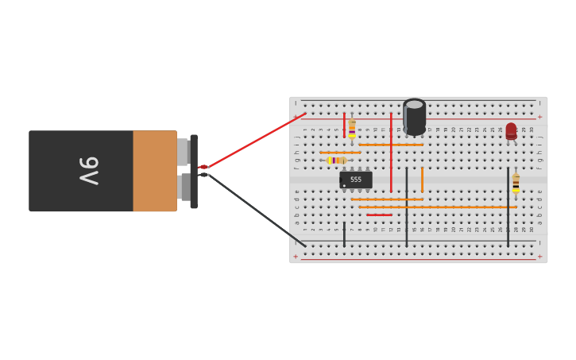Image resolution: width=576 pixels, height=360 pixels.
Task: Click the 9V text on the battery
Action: (x=89, y=171)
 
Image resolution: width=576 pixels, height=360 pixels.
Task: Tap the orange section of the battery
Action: (x=155, y=171)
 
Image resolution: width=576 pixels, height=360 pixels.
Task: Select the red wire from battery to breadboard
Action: (x=254, y=141)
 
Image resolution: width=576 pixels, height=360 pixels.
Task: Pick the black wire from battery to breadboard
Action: (x=254, y=209)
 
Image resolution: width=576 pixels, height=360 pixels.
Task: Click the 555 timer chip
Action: (x=356, y=180)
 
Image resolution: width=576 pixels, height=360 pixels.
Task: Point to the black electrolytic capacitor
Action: (x=414, y=117)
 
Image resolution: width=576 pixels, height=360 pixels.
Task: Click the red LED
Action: (x=511, y=131)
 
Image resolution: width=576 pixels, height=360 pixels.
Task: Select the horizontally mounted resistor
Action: (x=337, y=161)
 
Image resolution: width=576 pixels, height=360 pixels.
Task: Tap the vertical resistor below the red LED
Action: (x=516, y=183)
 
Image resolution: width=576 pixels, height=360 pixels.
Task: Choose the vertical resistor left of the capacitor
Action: (x=352, y=129)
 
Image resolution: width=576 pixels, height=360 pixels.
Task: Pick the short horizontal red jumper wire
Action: (x=379, y=215)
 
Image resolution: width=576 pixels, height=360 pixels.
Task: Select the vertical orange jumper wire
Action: (x=422, y=179)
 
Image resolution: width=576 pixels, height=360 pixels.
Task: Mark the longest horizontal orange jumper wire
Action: (x=437, y=207)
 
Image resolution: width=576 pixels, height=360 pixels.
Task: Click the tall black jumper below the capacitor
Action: (x=407, y=207)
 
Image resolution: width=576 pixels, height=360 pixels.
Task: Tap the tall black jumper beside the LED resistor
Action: (x=508, y=207)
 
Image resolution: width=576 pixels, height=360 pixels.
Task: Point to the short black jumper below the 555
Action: (x=344, y=234)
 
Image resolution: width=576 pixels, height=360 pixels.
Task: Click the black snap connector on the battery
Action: (x=194, y=171)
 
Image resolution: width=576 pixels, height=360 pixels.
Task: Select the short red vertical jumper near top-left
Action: (x=344, y=125)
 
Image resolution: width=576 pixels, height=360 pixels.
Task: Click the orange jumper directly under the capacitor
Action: (x=391, y=145)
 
